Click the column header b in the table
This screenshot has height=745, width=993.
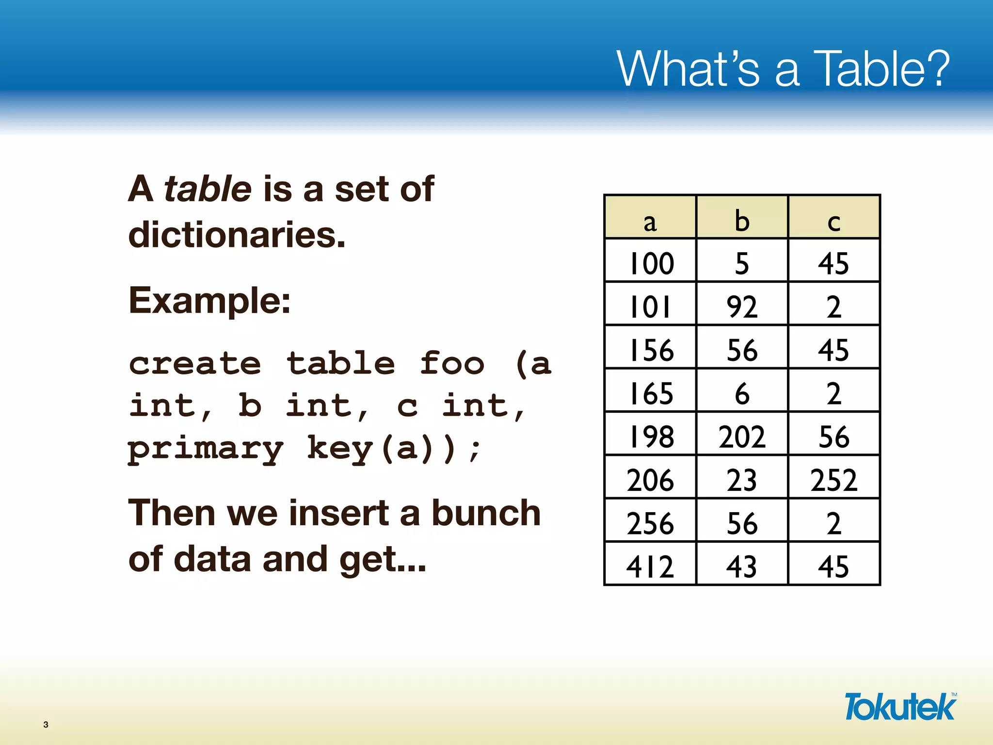742,221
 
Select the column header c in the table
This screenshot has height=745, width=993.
834,221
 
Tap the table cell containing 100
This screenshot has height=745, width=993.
651,263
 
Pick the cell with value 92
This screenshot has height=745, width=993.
742,307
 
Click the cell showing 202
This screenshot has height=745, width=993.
742,437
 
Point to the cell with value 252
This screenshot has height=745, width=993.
834,480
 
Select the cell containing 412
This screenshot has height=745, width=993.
651,566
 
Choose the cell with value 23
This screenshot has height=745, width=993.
742,480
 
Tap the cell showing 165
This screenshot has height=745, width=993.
651,393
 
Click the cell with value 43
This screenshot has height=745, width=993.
742,566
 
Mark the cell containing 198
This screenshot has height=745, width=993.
651,437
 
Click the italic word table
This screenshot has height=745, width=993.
208,189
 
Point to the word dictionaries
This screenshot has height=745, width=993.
237,235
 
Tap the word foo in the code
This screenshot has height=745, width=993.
452,364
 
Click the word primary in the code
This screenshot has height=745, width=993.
206,449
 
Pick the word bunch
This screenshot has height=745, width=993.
486,513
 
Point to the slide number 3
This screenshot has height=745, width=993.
46,725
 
